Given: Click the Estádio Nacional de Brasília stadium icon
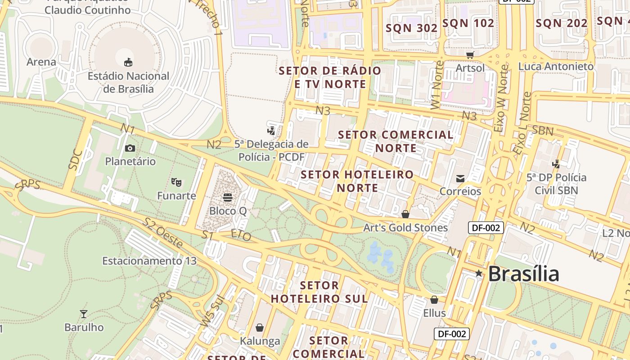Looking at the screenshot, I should click(128, 62).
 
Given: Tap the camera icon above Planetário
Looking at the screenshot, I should click(130, 148).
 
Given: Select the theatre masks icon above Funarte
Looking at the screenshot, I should click(176, 182).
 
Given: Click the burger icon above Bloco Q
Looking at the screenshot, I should click(228, 198).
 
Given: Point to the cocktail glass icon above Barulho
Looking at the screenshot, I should click(84, 314).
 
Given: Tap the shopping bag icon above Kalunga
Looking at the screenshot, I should click(260, 328).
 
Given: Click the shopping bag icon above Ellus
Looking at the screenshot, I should click(434, 300).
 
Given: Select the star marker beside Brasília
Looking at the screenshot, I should click(479, 273).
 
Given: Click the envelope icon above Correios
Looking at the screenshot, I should click(460, 179).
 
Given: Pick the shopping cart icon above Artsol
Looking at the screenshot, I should click(470, 55).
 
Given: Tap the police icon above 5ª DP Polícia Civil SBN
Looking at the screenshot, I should click(557, 164).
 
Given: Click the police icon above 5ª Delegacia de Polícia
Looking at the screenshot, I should click(271, 131).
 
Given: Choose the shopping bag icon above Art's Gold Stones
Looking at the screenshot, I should click(405, 214).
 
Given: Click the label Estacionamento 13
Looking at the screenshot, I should click(149, 261).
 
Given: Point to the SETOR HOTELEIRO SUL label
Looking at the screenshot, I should click(319, 292).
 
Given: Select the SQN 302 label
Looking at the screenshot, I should click(412, 28).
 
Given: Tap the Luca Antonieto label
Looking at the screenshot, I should click(556, 67).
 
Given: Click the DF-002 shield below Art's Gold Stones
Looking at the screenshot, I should click(486, 228).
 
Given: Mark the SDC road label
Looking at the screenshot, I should click(76, 159).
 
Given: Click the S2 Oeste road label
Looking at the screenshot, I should click(163, 233).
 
